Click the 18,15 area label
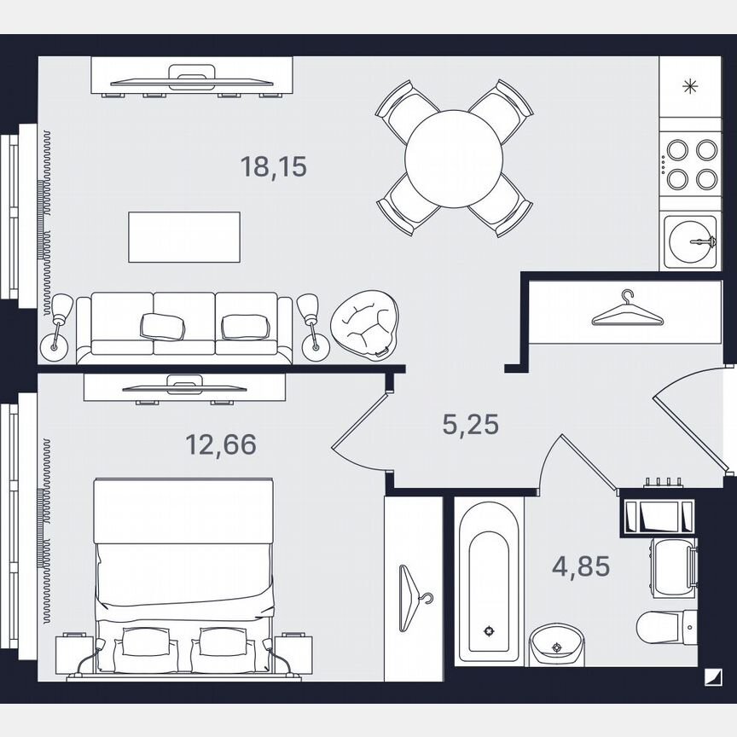click(273, 167)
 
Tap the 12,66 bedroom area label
click(221, 444)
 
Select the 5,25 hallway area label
click(470, 423)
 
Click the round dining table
click(455, 158)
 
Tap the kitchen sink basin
click(690, 241)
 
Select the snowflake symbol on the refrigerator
click(690, 85)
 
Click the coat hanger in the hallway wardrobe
click(627, 310)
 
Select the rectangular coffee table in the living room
click(184, 237)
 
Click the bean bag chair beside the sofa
click(363, 323)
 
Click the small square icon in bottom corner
click(711, 677)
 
